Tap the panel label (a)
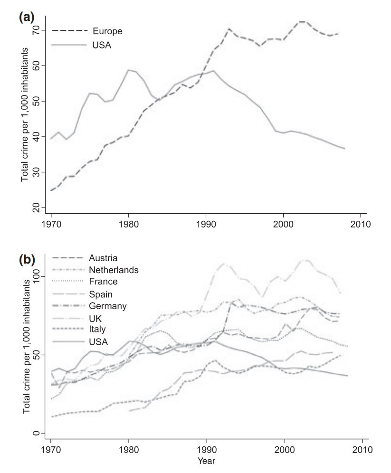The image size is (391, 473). pos(26,18)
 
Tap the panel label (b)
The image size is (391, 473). pos(26,260)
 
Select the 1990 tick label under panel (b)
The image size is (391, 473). pos(206,449)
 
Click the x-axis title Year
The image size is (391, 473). pos(206,460)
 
